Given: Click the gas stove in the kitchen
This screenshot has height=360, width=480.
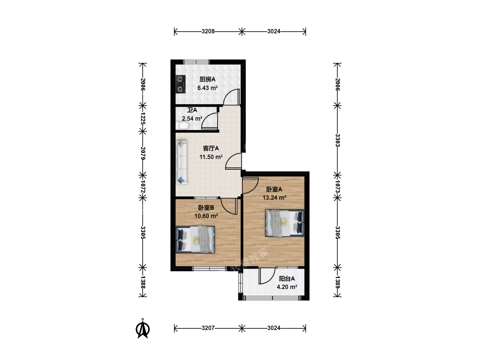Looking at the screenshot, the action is point(180,84).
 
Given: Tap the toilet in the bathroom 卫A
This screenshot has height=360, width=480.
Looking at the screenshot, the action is point(182,126).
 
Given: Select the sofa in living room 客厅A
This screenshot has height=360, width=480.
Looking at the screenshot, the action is point(182,162).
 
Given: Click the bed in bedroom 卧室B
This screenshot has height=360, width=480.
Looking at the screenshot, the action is point(195,240).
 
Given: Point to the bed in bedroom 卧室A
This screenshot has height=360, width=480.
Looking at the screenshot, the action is point(285,223).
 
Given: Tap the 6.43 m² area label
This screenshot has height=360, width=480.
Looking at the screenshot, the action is point(208,88).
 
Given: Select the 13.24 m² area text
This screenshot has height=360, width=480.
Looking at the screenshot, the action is point(274,198).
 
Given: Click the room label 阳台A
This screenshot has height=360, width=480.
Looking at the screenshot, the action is point(287,279).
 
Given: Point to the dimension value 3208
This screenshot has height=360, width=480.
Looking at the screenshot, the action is point(208,31).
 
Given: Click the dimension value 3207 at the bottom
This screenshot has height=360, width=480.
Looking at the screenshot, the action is point(208,328).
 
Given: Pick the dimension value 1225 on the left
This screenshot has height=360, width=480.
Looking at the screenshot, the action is point(143,118).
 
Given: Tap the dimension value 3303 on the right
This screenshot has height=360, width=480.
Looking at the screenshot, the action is point(338,140).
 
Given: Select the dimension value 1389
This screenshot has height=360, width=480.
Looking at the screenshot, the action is point(338,282).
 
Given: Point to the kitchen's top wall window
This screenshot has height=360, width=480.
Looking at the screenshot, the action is point(196,62).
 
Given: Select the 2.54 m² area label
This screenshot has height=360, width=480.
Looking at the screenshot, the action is point(192,119).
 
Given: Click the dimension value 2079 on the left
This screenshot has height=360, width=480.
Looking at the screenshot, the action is point(143,153).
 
